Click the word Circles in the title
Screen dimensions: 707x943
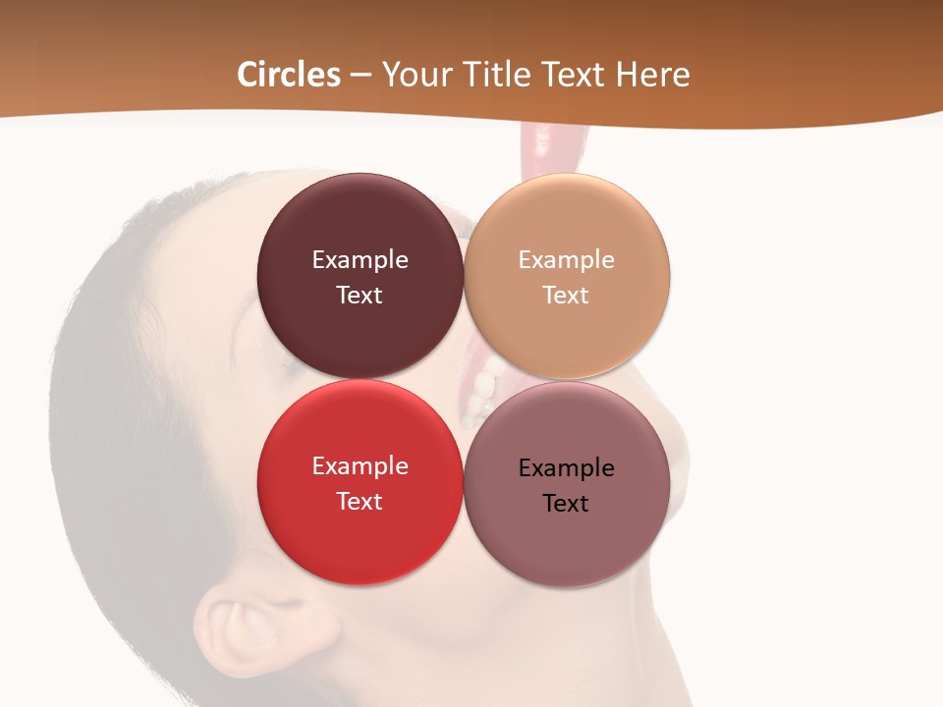tap(289, 75)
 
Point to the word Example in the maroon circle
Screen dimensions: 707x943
tap(360, 259)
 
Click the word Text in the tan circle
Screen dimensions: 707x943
tap(566, 295)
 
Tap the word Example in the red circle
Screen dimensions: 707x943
tap(360, 465)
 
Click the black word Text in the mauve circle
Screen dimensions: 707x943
tap(566, 503)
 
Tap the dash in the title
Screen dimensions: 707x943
tap(361, 75)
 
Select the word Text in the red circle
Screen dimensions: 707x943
tap(360, 501)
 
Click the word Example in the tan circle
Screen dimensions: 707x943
tap(566, 259)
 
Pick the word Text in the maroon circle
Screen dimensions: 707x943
tap(360, 295)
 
